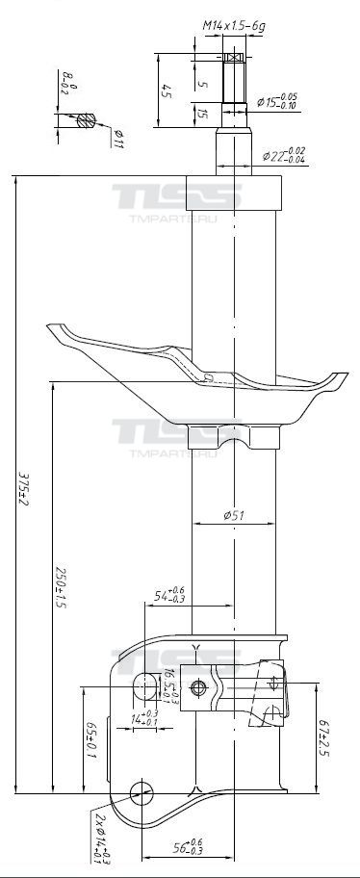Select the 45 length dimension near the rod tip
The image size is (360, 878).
(166, 91)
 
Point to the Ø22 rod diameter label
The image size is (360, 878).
(286, 154)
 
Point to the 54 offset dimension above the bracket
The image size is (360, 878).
(169, 596)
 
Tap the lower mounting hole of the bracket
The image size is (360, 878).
(141, 792)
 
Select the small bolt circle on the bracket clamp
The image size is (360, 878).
(199, 687)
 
